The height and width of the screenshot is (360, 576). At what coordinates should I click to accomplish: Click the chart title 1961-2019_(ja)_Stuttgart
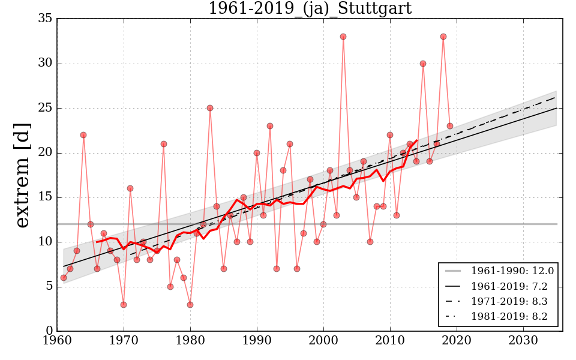tap(310, 8)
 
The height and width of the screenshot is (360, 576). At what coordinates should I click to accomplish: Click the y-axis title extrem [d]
tap(23, 175)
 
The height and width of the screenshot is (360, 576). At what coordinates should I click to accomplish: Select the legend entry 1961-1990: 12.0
tap(512, 272)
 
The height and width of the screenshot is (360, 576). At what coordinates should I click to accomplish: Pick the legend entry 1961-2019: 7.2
tap(512, 287)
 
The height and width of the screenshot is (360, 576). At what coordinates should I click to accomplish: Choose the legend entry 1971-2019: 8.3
tap(512, 302)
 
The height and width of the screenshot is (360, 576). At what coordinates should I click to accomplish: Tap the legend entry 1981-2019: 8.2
tap(512, 316)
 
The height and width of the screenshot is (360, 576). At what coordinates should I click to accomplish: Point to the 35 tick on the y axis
tap(45, 19)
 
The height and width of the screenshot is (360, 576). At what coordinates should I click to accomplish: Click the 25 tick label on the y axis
tap(45, 109)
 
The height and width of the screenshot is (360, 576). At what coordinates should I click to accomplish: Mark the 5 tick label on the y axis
tap(48, 287)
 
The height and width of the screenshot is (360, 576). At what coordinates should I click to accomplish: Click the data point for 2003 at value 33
tap(343, 37)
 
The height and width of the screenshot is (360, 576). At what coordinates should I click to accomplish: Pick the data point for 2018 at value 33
tap(443, 37)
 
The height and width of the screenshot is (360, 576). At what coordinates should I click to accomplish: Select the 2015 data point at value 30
tap(423, 64)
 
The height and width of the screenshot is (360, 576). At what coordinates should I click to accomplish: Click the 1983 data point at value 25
tap(210, 108)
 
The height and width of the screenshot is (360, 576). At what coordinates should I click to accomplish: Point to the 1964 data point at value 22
tap(83, 135)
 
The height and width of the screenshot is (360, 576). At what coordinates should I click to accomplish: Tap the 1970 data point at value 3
tap(124, 305)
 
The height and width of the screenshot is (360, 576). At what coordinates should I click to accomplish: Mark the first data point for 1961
tap(64, 278)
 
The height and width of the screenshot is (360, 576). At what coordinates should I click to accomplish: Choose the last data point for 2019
tap(450, 126)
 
